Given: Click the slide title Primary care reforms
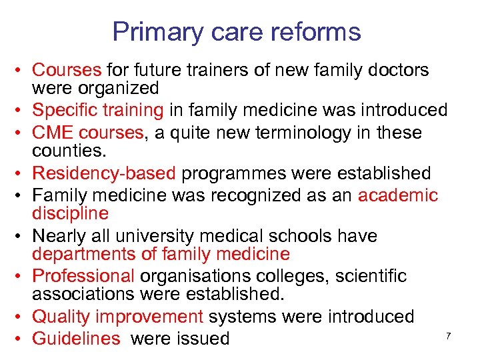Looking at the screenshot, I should click(x=237, y=31).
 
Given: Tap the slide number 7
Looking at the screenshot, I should click(x=449, y=335).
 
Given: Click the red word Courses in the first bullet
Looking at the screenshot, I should click(x=67, y=70).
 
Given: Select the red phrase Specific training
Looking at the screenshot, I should click(x=97, y=110).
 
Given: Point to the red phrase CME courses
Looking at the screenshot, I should click(x=88, y=133).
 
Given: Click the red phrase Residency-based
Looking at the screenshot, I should click(x=104, y=173).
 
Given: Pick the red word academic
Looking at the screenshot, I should click(x=398, y=195).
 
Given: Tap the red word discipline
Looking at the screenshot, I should click(x=70, y=213).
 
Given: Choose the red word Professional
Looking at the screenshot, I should click(x=83, y=276).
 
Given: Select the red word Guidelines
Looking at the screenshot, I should click(x=76, y=338).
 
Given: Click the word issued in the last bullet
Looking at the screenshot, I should click(x=201, y=338).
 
